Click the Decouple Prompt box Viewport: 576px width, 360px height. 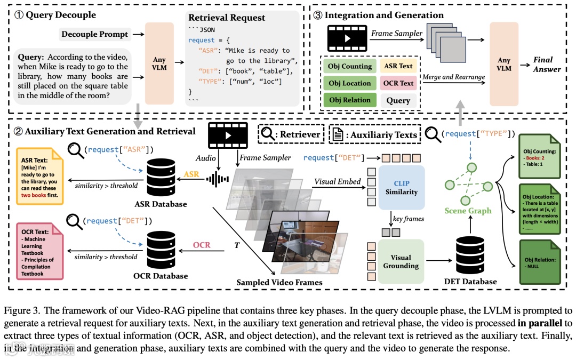[94, 34]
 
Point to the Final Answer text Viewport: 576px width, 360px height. [547, 65]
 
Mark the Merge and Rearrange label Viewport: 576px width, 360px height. [453, 77]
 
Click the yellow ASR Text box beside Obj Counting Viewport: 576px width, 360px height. [398, 66]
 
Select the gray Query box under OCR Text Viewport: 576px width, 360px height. [398, 100]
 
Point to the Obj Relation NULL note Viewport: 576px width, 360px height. [539, 263]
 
